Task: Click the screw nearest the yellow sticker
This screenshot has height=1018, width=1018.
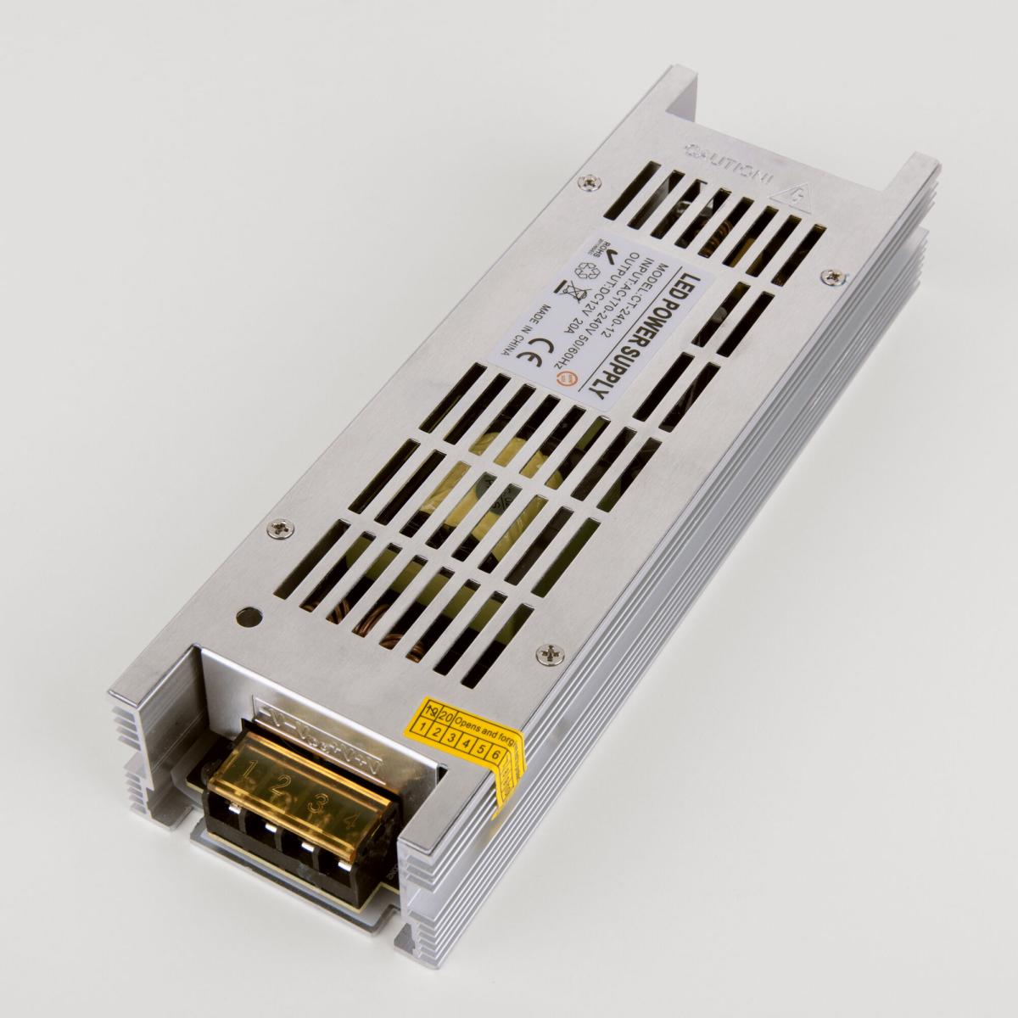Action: click(553, 652)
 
